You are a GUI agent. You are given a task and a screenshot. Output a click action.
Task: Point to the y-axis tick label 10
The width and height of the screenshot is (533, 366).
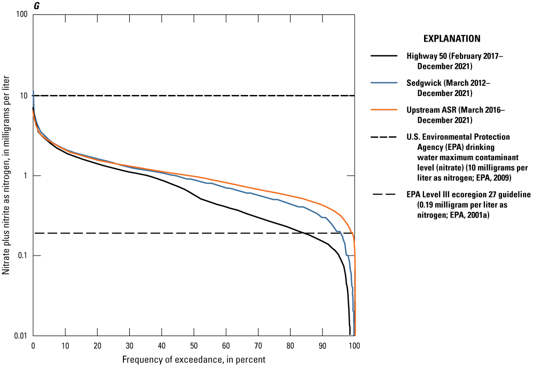click(23, 96)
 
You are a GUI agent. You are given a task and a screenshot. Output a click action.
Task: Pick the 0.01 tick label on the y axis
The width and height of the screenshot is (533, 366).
click(20, 336)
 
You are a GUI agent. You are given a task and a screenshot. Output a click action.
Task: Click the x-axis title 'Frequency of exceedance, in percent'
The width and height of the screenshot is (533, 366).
click(194, 359)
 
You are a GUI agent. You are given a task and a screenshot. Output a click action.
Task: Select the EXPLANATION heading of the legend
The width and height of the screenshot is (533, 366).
click(452, 38)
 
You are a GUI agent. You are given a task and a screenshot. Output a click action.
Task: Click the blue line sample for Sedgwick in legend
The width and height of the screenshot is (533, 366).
click(383, 83)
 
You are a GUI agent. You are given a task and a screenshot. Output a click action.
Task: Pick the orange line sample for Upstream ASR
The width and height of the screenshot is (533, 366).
click(383, 110)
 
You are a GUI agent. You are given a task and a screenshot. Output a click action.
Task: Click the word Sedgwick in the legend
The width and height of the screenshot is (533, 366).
click(423, 83)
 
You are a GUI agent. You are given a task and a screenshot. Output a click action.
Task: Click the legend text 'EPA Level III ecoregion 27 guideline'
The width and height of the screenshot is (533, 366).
click(468, 195)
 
